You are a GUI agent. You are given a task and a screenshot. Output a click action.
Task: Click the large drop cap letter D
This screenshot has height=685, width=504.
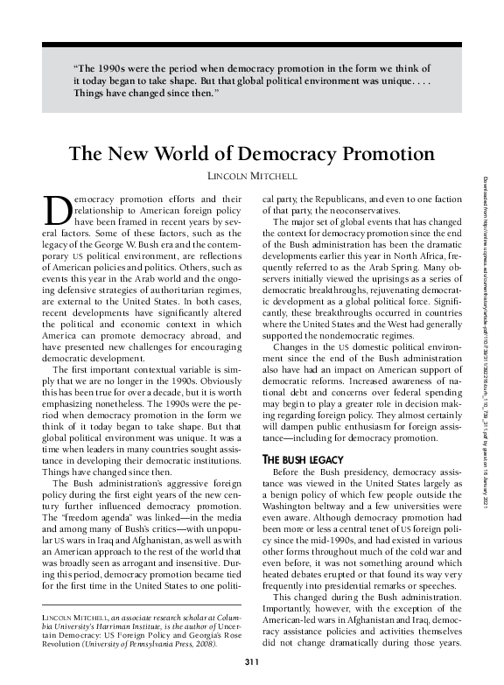coord(55,209)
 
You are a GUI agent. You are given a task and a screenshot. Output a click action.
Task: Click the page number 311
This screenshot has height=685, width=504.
coord(251,672)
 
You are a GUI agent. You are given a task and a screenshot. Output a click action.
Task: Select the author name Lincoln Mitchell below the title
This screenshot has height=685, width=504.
coord(251,176)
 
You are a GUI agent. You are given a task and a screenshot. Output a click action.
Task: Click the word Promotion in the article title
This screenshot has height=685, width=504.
coord(384,154)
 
